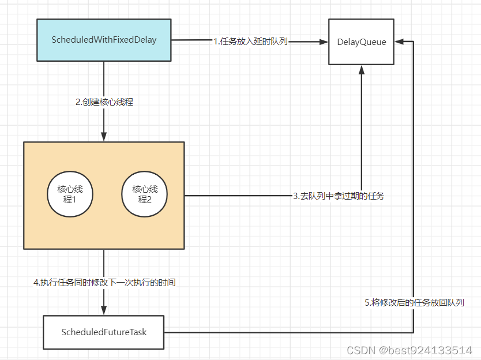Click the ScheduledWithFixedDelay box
pos(104,40)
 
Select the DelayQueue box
pos(362,42)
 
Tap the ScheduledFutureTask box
pos(104,332)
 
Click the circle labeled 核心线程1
pos(70,194)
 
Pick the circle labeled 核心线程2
pos(145,194)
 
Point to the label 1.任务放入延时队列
pos(250,41)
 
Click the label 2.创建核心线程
pos(104,102)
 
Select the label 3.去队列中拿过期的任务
pos(339,196)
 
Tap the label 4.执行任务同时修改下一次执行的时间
pos(104,282)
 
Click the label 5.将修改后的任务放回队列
pos(414,302)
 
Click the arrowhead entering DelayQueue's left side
pos(324,41)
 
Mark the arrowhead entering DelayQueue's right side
pos(400,41)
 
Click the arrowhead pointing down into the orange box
pos(104,137)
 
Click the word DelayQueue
pos(362,42)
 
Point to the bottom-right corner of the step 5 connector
pos(414,332)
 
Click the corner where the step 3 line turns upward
pos(362,196)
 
